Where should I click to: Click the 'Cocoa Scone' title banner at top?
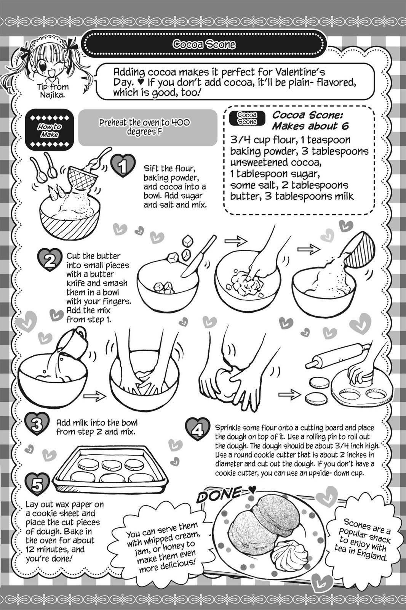(x=204, y=45)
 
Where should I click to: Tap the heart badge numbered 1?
(x=122, y=165)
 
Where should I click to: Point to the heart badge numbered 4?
(x=197, y=429)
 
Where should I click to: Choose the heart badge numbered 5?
(x=37, y=484)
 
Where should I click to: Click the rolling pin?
(x=337, y=356)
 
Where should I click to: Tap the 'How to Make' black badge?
(x=49, y=130)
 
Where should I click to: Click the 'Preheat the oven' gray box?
(x=147, y=127)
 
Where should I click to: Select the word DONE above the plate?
(x=220, y=494)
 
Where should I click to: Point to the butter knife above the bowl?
(x=198, y=256)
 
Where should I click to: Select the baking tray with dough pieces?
(x=110, y=470)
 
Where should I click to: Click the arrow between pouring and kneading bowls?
(x=94, y=396)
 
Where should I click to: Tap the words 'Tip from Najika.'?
(x=53, y=90)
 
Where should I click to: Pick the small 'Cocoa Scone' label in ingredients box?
(x=247, y=118)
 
